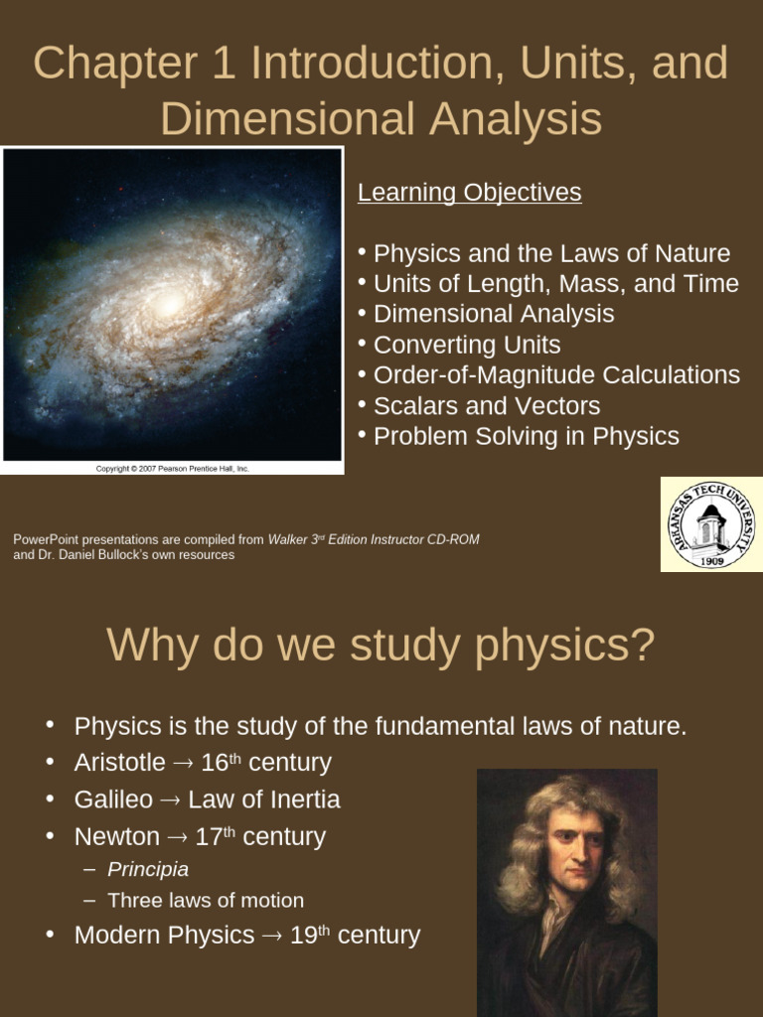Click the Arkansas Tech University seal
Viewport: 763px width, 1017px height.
pos(710,524)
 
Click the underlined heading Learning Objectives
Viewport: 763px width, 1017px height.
pos(469,193)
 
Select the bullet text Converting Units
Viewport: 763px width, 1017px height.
pos(466,345)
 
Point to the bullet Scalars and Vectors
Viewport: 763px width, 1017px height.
pos(486,405)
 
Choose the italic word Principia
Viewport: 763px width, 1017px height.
pos(148,869)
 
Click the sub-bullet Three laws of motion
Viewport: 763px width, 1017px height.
pos(206,900)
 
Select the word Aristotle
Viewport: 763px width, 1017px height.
pos(119,763)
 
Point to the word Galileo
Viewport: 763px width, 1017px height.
pos(113,799)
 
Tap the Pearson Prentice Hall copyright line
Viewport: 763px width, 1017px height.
pos(172,468)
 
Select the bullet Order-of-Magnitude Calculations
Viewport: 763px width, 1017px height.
pos(556,375)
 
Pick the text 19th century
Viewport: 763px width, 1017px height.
pos(355,936)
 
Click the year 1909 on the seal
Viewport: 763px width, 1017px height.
pos(710,560)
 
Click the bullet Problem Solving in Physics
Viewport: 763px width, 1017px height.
pos(526,436)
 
